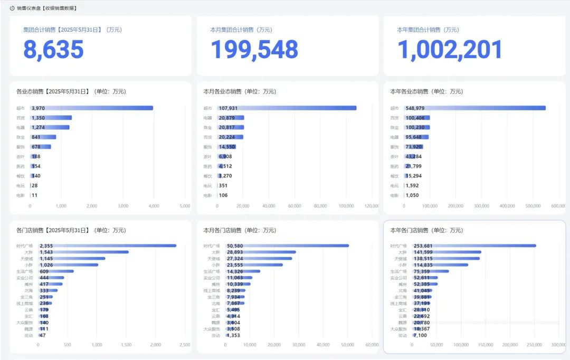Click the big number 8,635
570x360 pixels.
click(x=53, y=49)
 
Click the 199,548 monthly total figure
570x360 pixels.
click(x=254, y=49)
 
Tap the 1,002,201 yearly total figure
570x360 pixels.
click(x=449, y=49)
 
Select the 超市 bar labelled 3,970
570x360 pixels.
click(x=92, y=108)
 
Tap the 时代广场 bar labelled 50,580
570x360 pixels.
click(x=287, y=245)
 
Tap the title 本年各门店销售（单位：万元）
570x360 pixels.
click(x=426, y=231)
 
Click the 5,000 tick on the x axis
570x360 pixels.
click(x=185, y=206)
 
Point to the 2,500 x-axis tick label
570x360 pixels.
click(x=185, y=345)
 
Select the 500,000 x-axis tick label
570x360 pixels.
click(x=533, y=206)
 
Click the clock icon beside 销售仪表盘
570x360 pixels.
click(x=12, y=8)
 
